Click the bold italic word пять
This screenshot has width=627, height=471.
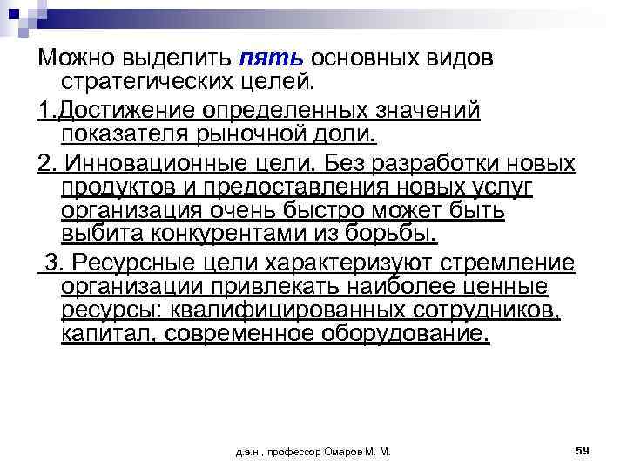pos(269,58)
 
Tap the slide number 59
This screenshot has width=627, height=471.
pos(583,450)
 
